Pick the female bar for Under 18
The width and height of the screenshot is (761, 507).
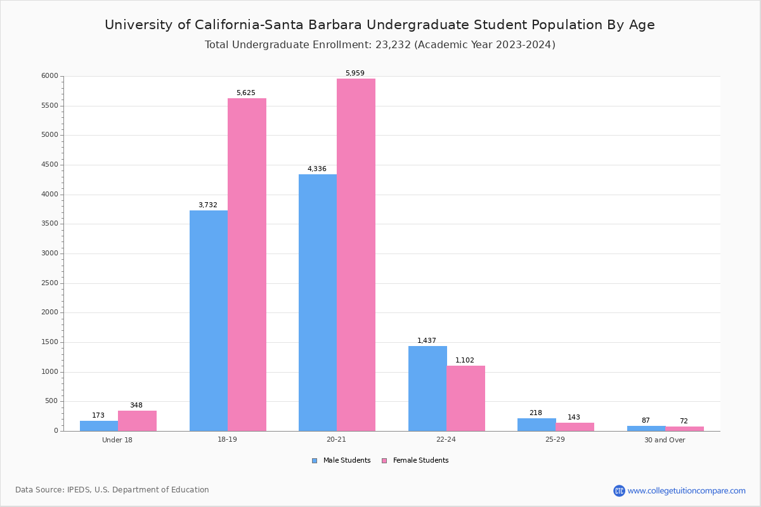point(137,421)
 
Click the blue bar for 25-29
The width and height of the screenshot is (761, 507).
point(537,425)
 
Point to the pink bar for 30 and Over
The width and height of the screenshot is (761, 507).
point(685,429)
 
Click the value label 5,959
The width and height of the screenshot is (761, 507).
point(355,74)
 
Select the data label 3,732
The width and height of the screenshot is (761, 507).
point(208,205)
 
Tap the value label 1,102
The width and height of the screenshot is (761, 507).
point(465,361)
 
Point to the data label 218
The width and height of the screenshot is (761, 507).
point(536,413)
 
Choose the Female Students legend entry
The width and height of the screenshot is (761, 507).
point(415,461)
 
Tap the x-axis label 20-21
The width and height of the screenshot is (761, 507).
point(337,440)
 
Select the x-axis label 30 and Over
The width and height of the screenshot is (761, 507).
point(665,440)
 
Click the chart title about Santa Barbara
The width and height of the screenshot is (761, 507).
point(380,25)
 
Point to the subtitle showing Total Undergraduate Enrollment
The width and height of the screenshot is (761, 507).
point(380,45)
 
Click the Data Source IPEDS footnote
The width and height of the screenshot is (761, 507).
point(112,490)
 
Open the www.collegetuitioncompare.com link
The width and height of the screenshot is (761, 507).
point(686,491)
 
